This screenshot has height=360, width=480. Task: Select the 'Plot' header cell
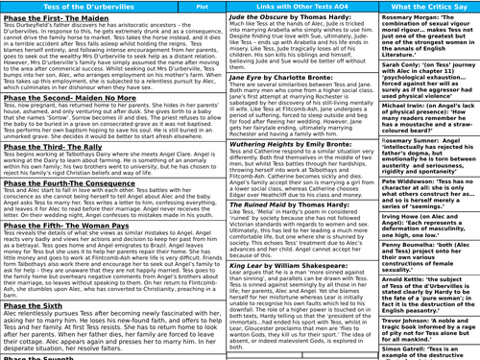(176, 6)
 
